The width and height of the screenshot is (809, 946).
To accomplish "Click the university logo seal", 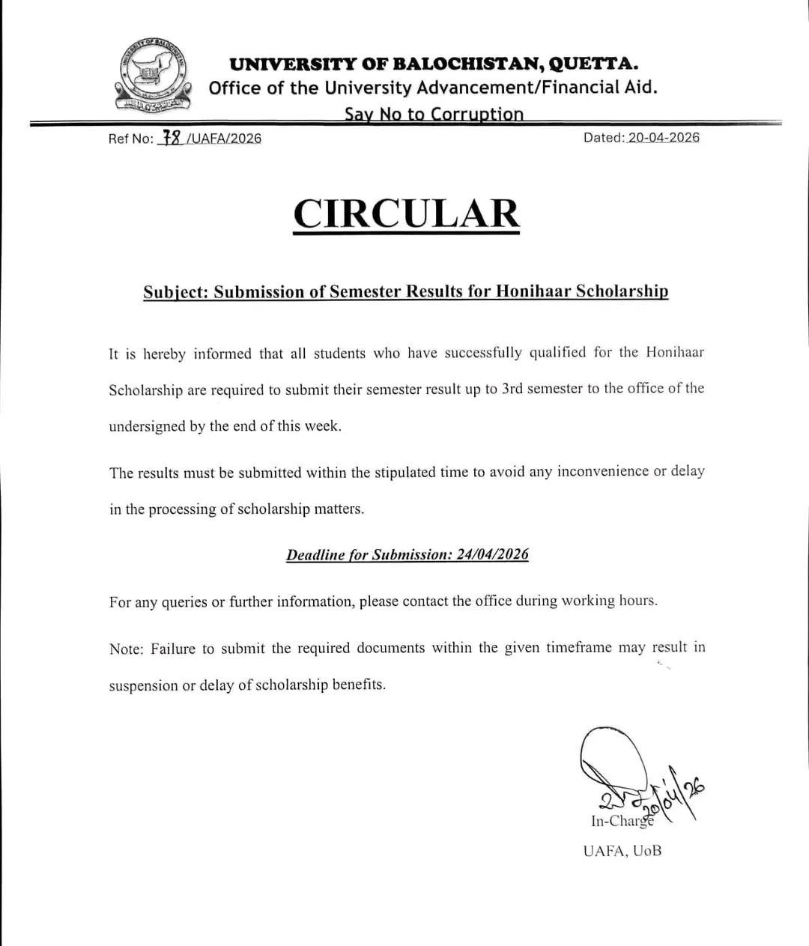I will click(151, 75).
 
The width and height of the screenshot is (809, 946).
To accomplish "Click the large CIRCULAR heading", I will click(406, 213).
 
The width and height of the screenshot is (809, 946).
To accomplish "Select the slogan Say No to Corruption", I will click(434, 114).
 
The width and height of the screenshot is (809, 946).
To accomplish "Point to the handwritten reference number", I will click(172, 138).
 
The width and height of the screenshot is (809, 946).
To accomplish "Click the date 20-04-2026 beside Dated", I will click(664, 137).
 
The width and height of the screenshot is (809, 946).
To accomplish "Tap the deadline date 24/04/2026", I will click(492, 554).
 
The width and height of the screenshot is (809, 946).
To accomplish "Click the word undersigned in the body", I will click(147, 426).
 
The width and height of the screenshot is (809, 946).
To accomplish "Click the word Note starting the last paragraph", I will click(125, 649).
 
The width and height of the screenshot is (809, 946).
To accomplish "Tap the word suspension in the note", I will click(143, 685).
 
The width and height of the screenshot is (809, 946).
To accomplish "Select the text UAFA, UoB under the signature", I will click(622, 851).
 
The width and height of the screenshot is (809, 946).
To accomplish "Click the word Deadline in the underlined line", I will click(315, 555).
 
